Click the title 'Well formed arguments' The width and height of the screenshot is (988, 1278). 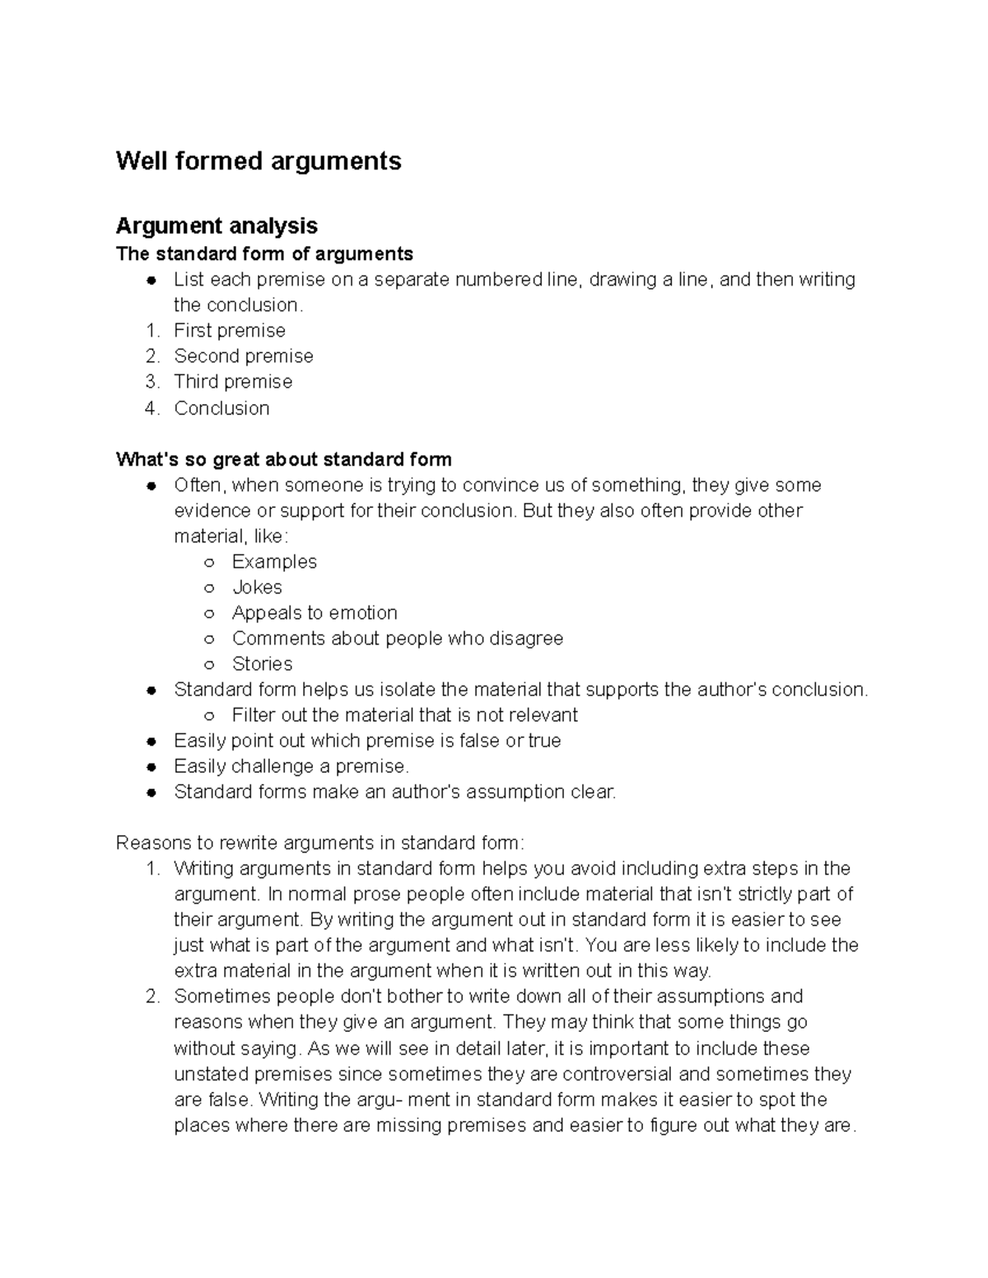259,160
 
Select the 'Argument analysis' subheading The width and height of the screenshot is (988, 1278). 217,225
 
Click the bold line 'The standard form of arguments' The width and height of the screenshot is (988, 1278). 264,253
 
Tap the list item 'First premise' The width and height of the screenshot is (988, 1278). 230,331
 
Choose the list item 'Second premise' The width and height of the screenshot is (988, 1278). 244,356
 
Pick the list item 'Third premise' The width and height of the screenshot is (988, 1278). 233,382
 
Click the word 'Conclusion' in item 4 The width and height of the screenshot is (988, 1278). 221,408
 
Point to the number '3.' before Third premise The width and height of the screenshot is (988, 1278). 151,382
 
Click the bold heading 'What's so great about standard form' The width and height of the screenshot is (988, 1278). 284,459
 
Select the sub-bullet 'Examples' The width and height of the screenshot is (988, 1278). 274,562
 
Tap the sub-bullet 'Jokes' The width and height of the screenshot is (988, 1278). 257,588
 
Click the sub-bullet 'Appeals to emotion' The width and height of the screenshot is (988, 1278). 315,613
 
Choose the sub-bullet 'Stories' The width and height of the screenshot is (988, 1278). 262,664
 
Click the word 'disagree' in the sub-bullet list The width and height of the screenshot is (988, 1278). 526,639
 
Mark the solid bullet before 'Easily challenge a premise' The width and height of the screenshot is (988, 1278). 151,767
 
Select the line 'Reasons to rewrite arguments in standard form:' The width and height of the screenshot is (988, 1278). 319,843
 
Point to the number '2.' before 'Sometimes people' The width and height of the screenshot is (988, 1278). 151,997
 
